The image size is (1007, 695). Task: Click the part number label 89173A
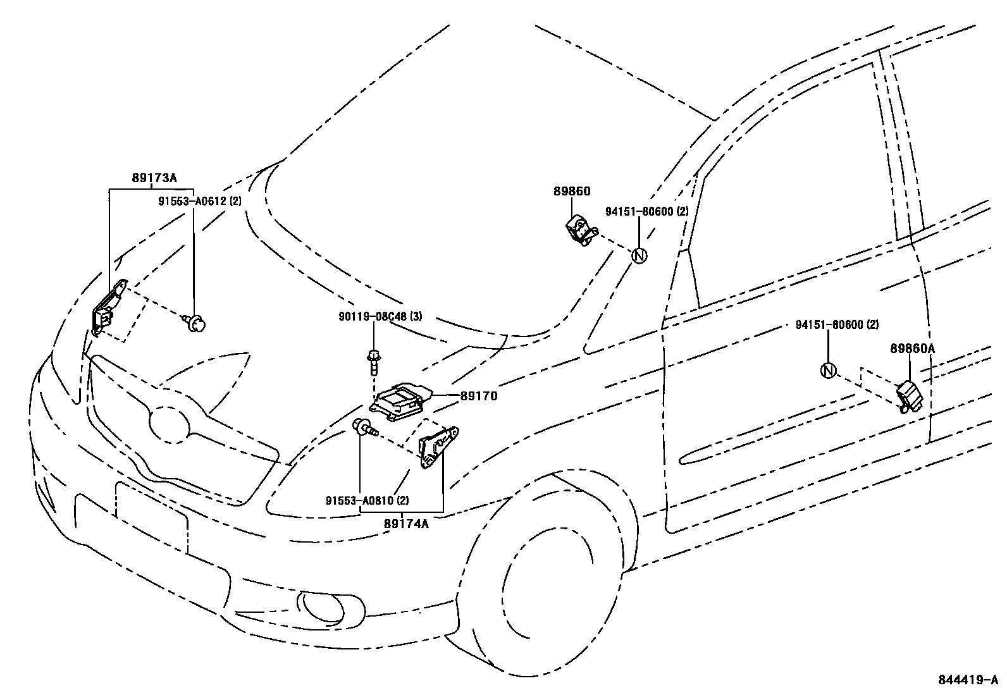(154, 178)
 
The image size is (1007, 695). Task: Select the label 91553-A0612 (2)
(199, 201)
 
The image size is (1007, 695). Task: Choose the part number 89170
(479, 397)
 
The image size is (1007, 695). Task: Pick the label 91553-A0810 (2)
(368, 500)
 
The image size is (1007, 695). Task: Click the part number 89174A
(406, 523)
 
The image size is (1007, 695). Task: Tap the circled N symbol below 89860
(639, 255)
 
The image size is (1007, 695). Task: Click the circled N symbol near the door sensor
(828, 371)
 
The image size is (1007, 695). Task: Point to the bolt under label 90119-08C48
(374, 363)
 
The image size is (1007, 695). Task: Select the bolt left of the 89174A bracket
(365, 429)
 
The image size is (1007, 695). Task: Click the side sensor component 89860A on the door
(910, 396)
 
